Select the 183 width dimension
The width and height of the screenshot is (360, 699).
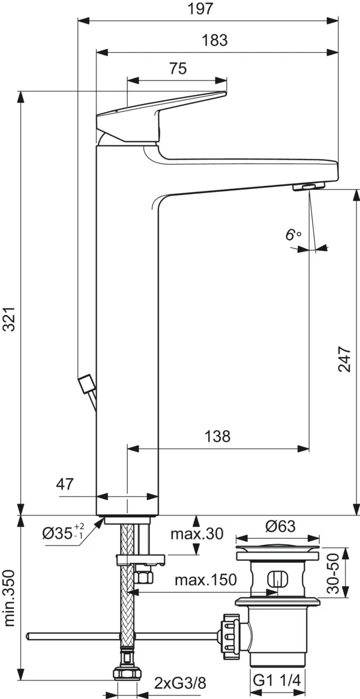[215, 40]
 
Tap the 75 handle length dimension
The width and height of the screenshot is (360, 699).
[177, 69]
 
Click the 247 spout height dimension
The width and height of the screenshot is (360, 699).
[344, 359]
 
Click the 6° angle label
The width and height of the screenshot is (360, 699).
[293, 235]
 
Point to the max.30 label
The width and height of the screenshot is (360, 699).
[196, 534]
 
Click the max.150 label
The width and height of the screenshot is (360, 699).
[205, 580]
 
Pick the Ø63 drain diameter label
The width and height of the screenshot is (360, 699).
[278, 526]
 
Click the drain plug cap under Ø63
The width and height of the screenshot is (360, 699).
[278, 548]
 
